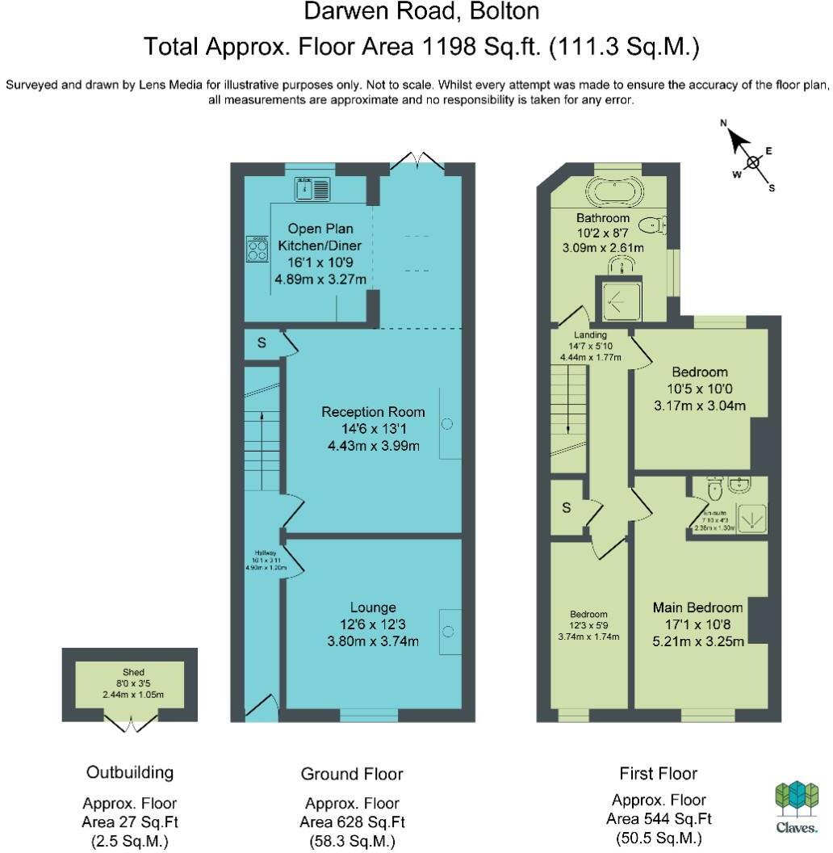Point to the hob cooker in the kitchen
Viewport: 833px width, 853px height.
pos(257,249)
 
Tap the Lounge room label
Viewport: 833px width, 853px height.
pos(372,607)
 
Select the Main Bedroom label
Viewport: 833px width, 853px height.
pos(697,607)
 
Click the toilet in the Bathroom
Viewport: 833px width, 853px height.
pos(652,225)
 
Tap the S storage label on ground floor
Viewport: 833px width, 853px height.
pos(262,343)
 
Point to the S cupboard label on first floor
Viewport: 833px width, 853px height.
pos(567,508)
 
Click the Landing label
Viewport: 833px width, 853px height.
pos(590,334)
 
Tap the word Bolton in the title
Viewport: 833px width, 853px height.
pos(501,11)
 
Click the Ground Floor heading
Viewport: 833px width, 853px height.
pos(351,774)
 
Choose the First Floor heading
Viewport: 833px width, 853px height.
pos(658,773)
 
